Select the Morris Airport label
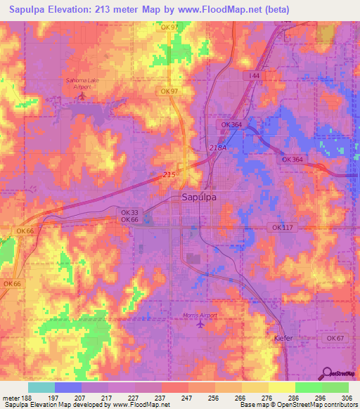[200, 316]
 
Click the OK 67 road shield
[334, 338]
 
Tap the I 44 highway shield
[253, 74]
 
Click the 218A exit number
[218, 148]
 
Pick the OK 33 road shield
[129, 212]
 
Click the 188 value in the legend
[27, 397]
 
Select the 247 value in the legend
[188, 397]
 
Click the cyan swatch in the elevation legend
[41, 387]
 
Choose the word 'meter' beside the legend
[11, 397]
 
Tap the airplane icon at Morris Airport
[204, 325]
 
